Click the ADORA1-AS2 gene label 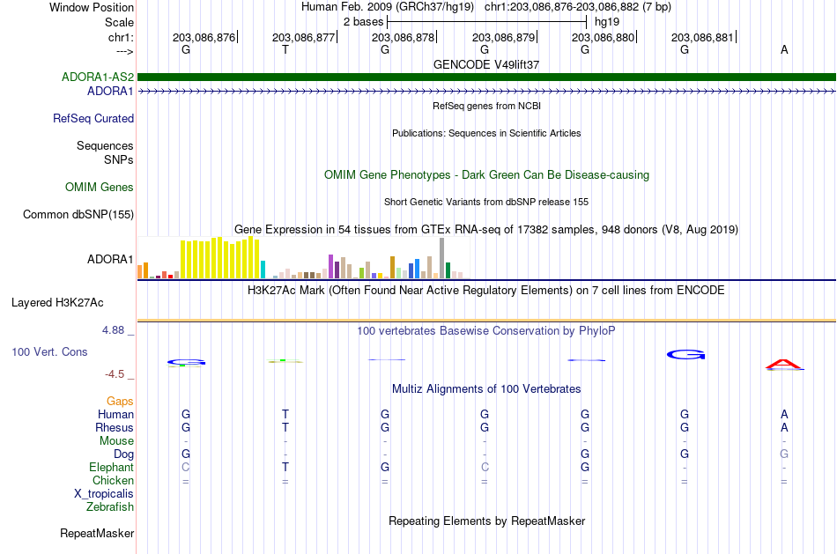(98, 77)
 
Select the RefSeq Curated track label (93, 119)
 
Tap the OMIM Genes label (100, 187)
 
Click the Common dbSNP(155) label (78, 215)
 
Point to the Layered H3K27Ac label (57, 303)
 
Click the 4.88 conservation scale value (113, 330)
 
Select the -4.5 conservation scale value (115, 374)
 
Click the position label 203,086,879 (503, 37)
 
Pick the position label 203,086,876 (204, 37)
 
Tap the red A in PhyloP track (784, 365)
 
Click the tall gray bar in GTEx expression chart (442, 258)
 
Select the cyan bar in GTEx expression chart (263, 270)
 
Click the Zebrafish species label (110, 507)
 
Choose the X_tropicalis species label (104, 494)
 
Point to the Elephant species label (112, 468)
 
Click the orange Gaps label (120, 402)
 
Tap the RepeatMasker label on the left (97, 533)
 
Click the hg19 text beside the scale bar (607, 22)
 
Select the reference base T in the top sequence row (285, 49)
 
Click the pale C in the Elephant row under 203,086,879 (485, 468)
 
